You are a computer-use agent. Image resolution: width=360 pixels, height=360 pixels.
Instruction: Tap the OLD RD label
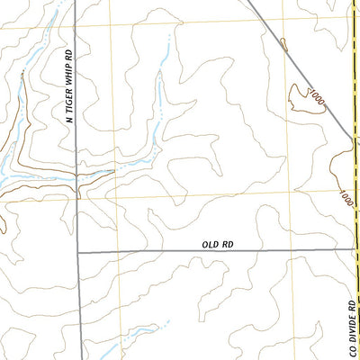(x=219, y=244)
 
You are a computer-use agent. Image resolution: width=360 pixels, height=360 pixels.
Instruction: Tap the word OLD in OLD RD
(x=211, y=244)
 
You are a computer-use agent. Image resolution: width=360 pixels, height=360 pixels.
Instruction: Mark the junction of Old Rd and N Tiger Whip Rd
(x=77, y=252)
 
